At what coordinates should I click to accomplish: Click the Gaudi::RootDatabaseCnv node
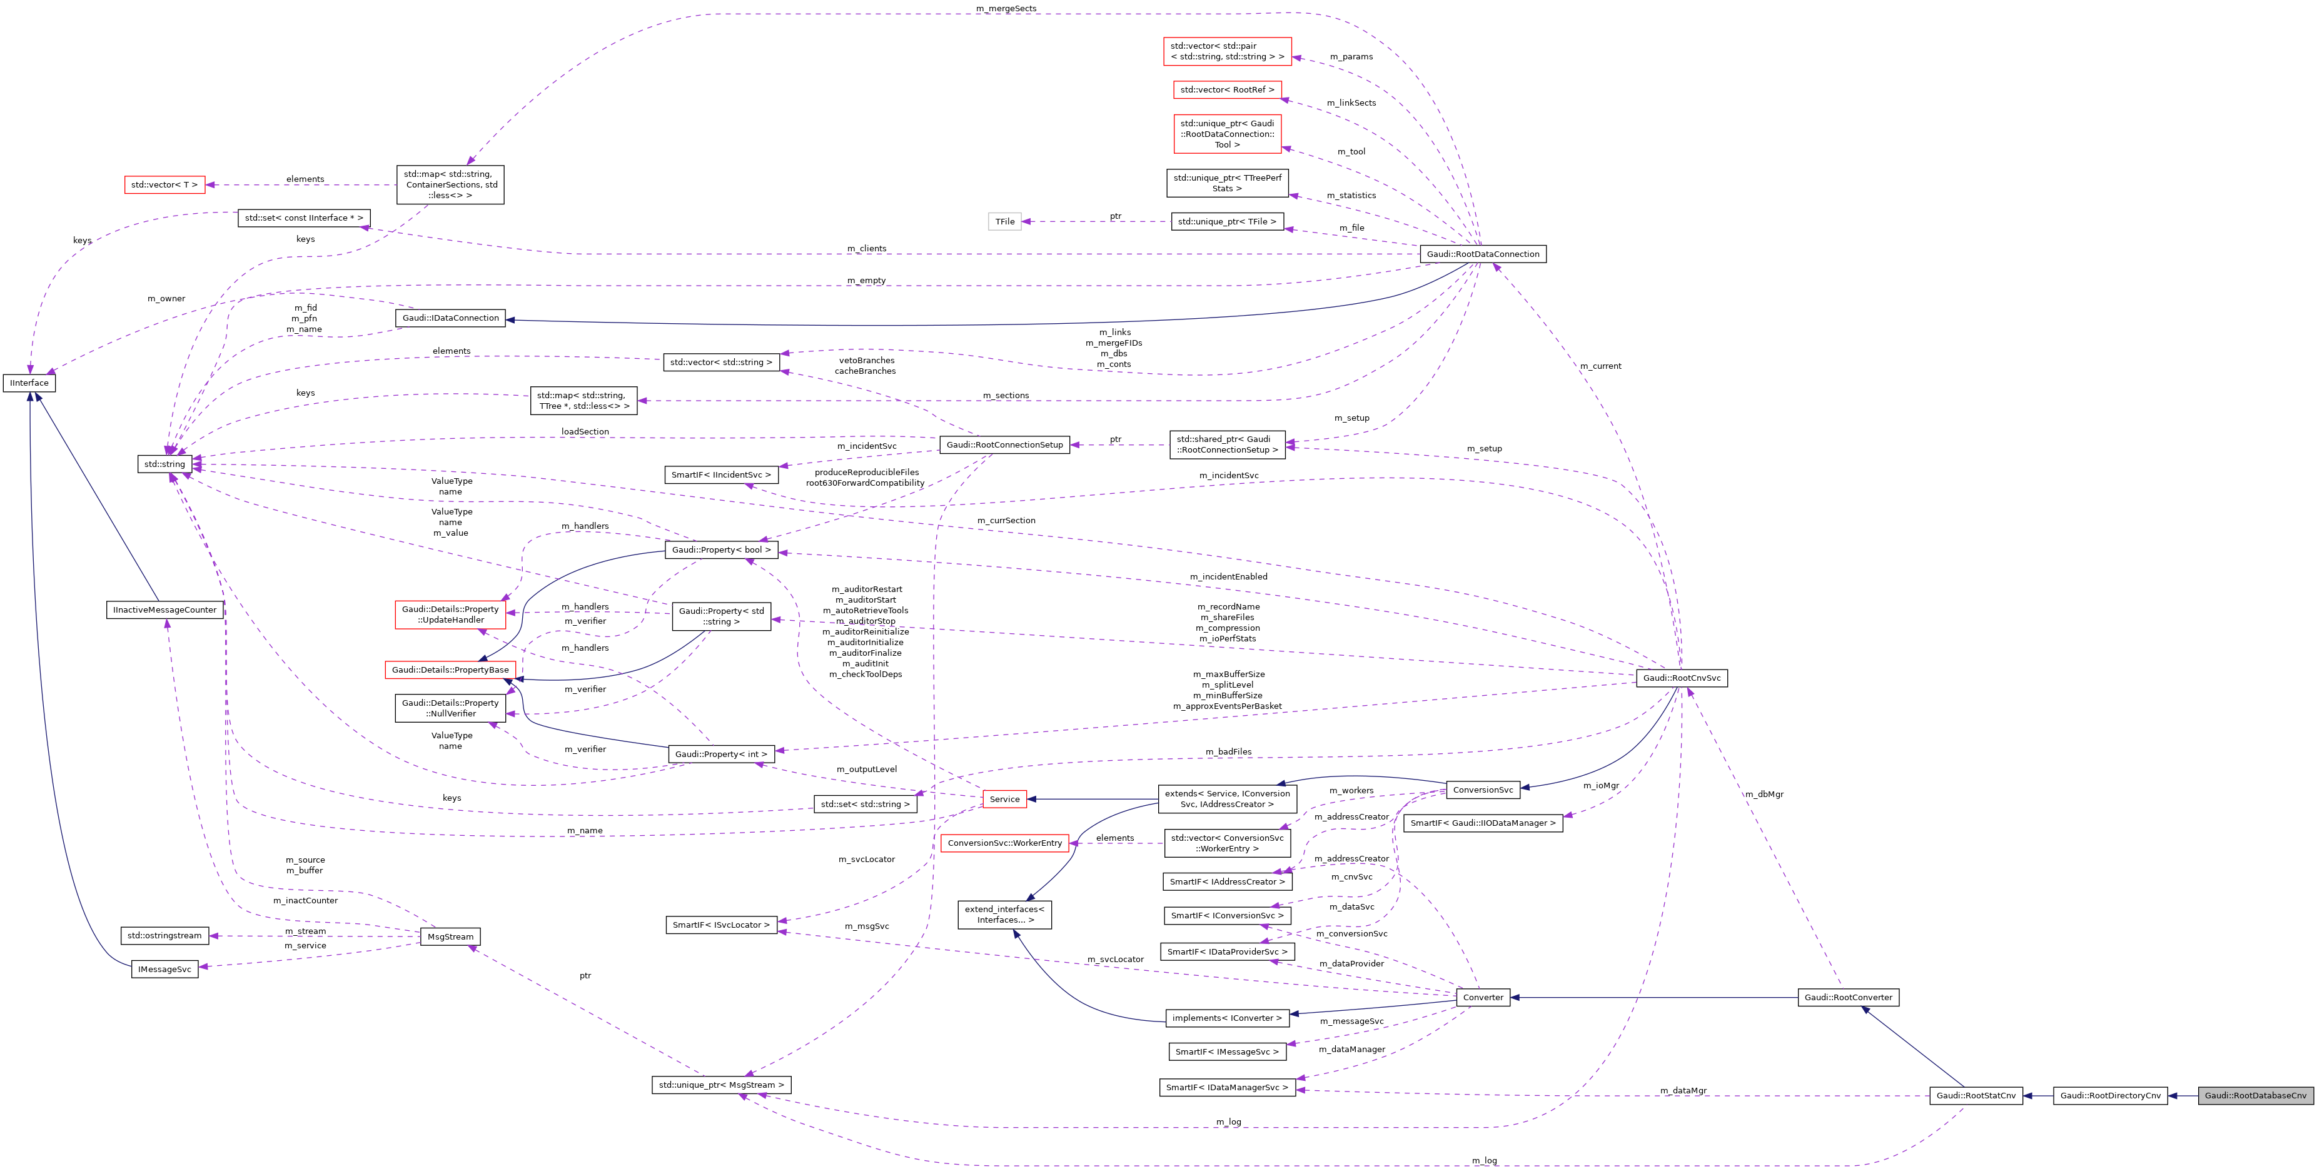(x=2255, y=1095)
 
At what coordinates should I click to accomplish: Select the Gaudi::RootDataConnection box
(x=1482, y=254)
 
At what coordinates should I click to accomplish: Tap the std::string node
(x=164, y=464)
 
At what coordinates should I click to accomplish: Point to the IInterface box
(x=29, y=383)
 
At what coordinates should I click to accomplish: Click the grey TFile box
(x=1005, y=221)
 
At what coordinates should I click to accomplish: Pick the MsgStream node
(x=450, y=937)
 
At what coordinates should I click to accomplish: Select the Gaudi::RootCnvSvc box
(x=1681, y=678)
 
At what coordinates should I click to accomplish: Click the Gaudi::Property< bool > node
(x=720, y=549)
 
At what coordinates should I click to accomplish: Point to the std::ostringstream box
(x=164, y=936)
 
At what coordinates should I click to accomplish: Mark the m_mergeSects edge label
(x=1006, y=9)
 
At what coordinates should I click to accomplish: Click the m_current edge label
(x=1600, y=366)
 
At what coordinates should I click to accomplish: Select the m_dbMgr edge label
(x=1763, y=794)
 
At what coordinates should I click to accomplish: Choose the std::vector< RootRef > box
(x=1227, y=90)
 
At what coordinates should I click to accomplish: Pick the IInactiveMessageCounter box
(x=164, y=610)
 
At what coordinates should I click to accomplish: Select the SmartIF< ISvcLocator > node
(x=720, y=925)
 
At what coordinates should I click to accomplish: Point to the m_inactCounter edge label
(x=305, y=900)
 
